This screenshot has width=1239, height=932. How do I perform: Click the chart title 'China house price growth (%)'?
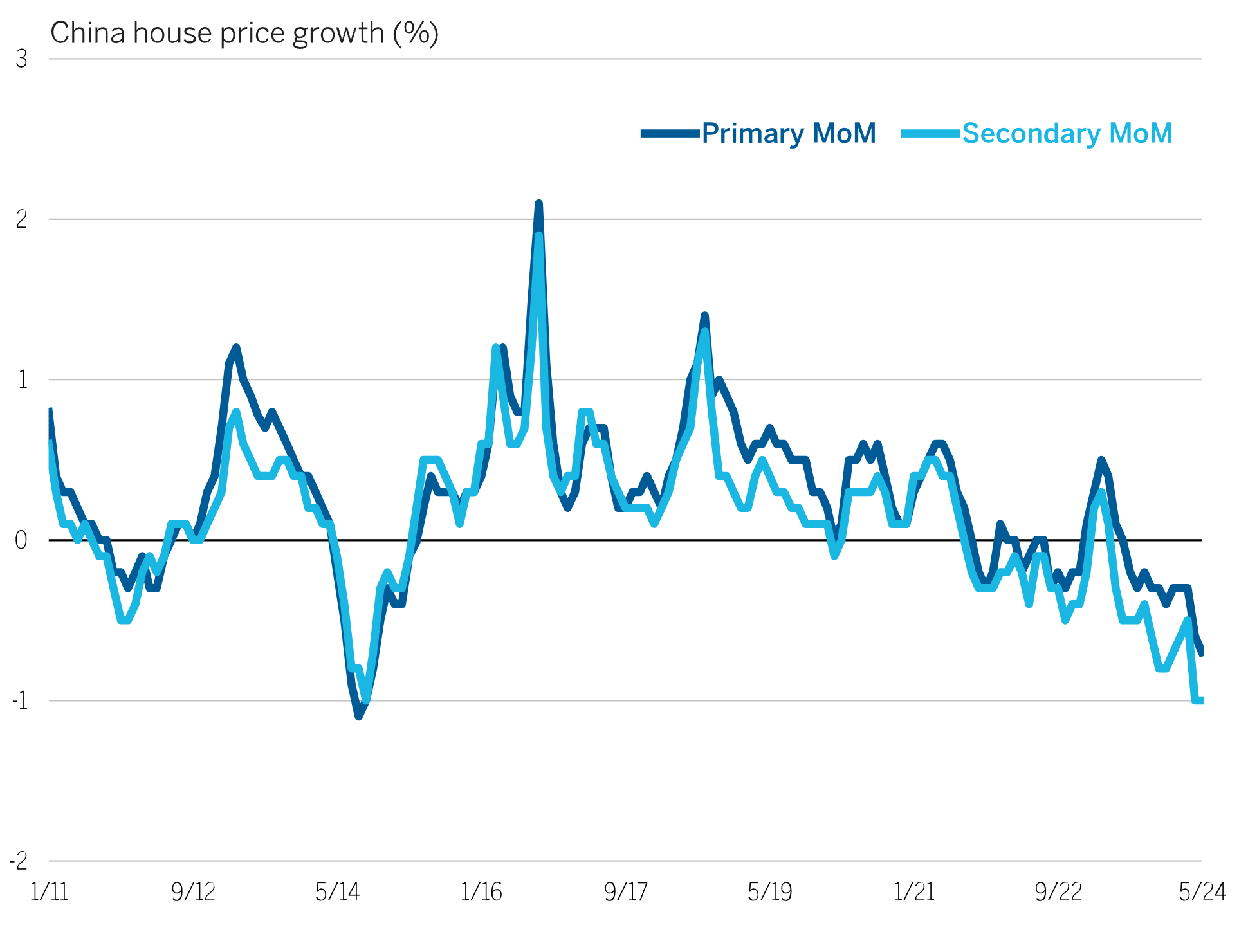(244, 33)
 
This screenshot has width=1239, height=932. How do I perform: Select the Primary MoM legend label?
(789, 134)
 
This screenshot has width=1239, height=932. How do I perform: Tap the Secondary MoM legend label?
(1067, 134)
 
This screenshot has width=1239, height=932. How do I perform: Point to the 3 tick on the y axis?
(22, 59)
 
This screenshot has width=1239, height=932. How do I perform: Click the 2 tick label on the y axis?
(22, 219)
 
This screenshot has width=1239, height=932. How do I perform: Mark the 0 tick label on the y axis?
(21, 540)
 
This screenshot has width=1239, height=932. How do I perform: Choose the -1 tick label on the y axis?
(20, 700)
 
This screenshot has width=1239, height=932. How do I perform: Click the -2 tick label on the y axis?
(19, 861)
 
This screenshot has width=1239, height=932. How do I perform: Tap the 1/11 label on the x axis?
(50, 892)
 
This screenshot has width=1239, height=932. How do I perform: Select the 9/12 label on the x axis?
(194, 892)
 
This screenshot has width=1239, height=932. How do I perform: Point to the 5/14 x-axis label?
(338, 892)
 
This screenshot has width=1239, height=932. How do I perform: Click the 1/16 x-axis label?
(481, 892)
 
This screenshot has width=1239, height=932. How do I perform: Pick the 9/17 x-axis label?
(626, 892)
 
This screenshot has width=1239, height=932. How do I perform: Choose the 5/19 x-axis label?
(770, 892)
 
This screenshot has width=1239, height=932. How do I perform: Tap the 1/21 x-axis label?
(914, 892)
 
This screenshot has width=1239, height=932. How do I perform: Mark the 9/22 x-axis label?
(1058, 892)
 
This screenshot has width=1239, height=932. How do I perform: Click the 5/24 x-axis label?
(1202, 892)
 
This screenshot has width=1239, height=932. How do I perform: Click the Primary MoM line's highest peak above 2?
(539, 204)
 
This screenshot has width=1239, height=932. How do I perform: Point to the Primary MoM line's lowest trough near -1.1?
(359, 716)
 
